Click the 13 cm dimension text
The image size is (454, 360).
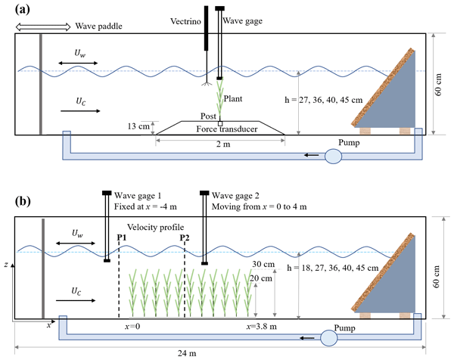(x=140, y=126)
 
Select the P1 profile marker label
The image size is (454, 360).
(x=122, y=238)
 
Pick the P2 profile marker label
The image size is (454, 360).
(x=185, y=238)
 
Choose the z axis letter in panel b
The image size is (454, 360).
(x=6, y=265)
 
